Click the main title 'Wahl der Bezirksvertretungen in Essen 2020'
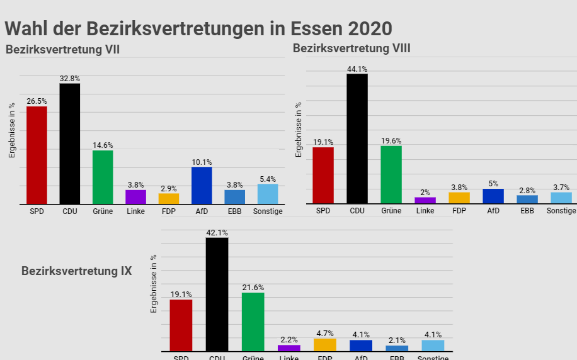pos(198,28)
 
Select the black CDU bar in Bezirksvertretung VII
pos(69,143)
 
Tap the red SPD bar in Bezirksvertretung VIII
pos(323,175)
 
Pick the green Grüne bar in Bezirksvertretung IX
pos(253,322)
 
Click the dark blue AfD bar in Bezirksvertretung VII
pos(202,185)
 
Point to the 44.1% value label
pos(357,69)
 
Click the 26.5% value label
pos(37,101)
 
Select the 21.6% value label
pos(253,288)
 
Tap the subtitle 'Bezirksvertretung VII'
pos(63,50)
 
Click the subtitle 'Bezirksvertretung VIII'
pos(351,48)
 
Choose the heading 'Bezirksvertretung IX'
pos(77,271)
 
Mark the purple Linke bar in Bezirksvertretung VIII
pos(425,200)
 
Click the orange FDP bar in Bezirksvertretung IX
pos(325,344)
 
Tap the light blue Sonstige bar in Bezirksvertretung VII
pos(268,194)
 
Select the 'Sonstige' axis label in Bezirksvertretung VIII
pos(561,211)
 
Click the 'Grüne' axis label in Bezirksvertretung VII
pos(103,211)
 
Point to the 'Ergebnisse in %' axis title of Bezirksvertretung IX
pos(153,284)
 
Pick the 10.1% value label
pos(202,162)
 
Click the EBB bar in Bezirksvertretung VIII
pos(527,199)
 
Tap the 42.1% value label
pos(217,233)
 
